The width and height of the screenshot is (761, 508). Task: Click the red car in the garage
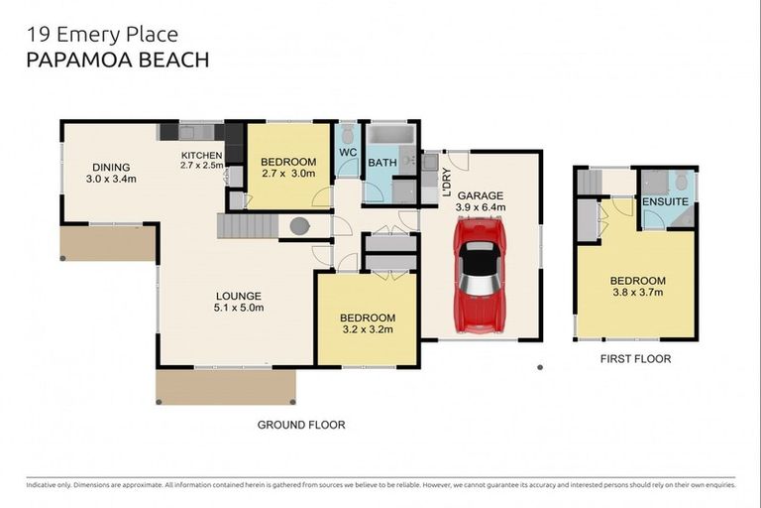(x=480, y=276)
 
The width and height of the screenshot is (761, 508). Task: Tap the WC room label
(x=348, y=152)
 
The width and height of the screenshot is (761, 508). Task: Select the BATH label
(x=382, y=163)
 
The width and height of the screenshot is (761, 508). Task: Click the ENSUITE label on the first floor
(x=665, y=201)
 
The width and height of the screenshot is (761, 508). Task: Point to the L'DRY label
(x=447, y=183)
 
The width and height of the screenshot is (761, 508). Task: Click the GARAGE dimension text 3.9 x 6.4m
(x=481, y=207)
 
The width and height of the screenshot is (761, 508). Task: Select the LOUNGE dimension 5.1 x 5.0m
(x=239, y=308)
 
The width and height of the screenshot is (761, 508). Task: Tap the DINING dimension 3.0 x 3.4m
(x=111, y=179)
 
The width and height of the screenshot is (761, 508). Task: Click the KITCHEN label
(x=201, y=156)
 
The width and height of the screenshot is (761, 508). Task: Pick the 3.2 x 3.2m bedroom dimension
(x=368, y=329)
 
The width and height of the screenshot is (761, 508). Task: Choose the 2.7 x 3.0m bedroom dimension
(x=288, y=173)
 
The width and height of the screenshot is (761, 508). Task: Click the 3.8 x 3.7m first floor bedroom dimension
(x=638, y=292)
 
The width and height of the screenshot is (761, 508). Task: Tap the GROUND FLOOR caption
(x=301, y=425)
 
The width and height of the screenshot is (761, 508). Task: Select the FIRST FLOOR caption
(x=636, y=359)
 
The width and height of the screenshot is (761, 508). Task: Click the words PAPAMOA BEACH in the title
(x=118, y=60)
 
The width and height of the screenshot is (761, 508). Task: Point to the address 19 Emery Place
(x=102, y=35)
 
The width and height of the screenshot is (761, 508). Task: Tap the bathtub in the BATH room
(x=391, y=135)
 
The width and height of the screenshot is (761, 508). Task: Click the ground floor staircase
(x=248, y=226)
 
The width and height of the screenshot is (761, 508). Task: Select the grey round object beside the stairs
(x=299, y=226)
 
